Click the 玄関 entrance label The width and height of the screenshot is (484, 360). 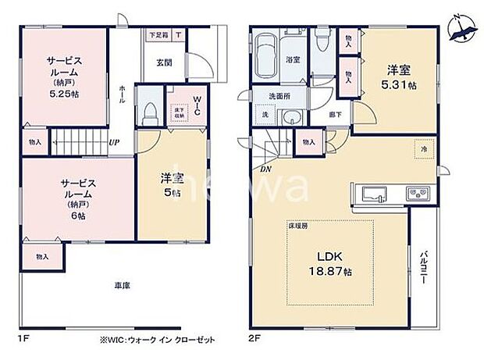point(164,62)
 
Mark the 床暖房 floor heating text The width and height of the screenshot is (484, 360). point(301,225)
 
